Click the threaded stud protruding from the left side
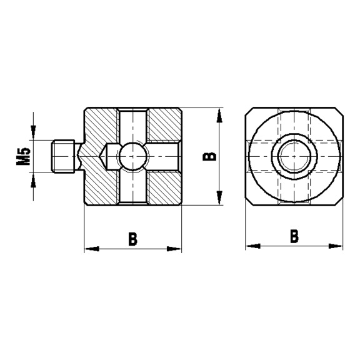pyautogui.click(x=62, y=156)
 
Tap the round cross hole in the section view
pyautogui.click(x=132, y=156)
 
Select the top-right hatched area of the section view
pyautogui.click(x=164, y=125)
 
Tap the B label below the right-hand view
pyautogui.click(x=294, y=237)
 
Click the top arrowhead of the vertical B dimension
pyautogui.click(x=218, y=115)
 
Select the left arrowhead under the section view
pyautogui.click(x=91, y=249)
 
